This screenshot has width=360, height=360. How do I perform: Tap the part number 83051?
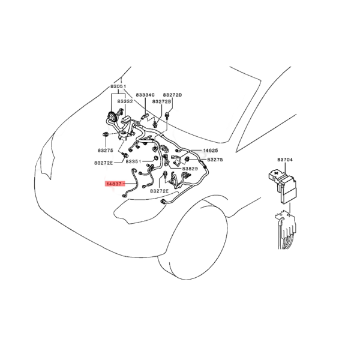coord(118,87)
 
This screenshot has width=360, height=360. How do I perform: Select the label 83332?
coord(125,101)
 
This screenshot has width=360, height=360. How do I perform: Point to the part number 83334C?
coord(145,95)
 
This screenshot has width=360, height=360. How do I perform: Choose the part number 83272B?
coord(161,102)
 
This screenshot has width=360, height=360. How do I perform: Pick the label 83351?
coord(133,162)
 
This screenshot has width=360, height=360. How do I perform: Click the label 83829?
coord(190,169)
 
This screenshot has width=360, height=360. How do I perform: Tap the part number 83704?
coord(285,160)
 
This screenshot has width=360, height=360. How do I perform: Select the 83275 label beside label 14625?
coord(214,160)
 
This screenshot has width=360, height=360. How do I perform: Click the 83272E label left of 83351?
coord(103,162)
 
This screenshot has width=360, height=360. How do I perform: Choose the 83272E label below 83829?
coord(160,190)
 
